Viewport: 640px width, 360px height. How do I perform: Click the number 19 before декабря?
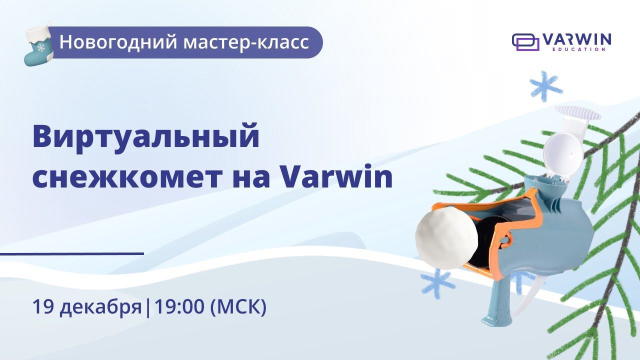[43, 306]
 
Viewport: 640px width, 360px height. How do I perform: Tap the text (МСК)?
[238, 306]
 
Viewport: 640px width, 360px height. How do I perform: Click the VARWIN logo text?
[576, 39]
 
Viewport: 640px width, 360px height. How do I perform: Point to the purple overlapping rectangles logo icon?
[525, 42]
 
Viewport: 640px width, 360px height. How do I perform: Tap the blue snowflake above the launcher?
[546, 86]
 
